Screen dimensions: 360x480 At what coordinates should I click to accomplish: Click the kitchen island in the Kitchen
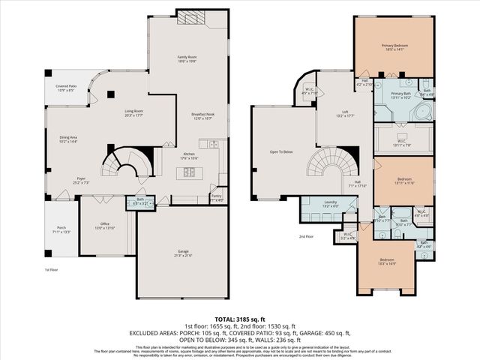tap(187, 173)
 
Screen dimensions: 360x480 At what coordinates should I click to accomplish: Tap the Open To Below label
tap(280, 152)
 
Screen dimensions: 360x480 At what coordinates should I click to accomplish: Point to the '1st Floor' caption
tap(52, 268)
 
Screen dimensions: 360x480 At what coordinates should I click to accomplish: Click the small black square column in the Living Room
tap(110, 94)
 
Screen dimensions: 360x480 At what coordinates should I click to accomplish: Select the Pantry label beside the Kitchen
tap(217, 199)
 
